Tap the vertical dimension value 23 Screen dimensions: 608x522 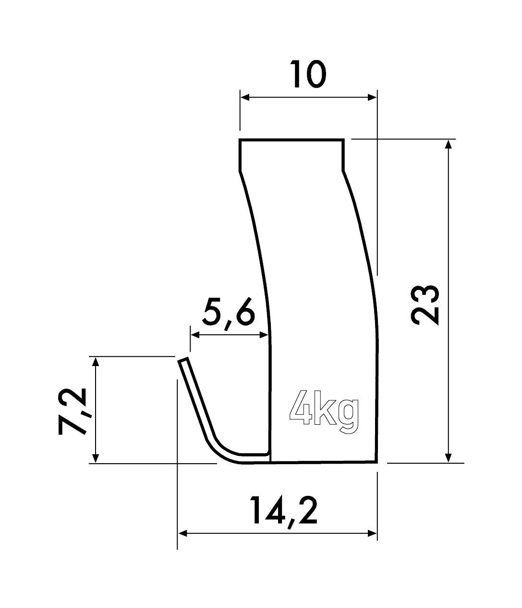coord(425,305)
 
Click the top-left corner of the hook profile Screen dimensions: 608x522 coord(240,140)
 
